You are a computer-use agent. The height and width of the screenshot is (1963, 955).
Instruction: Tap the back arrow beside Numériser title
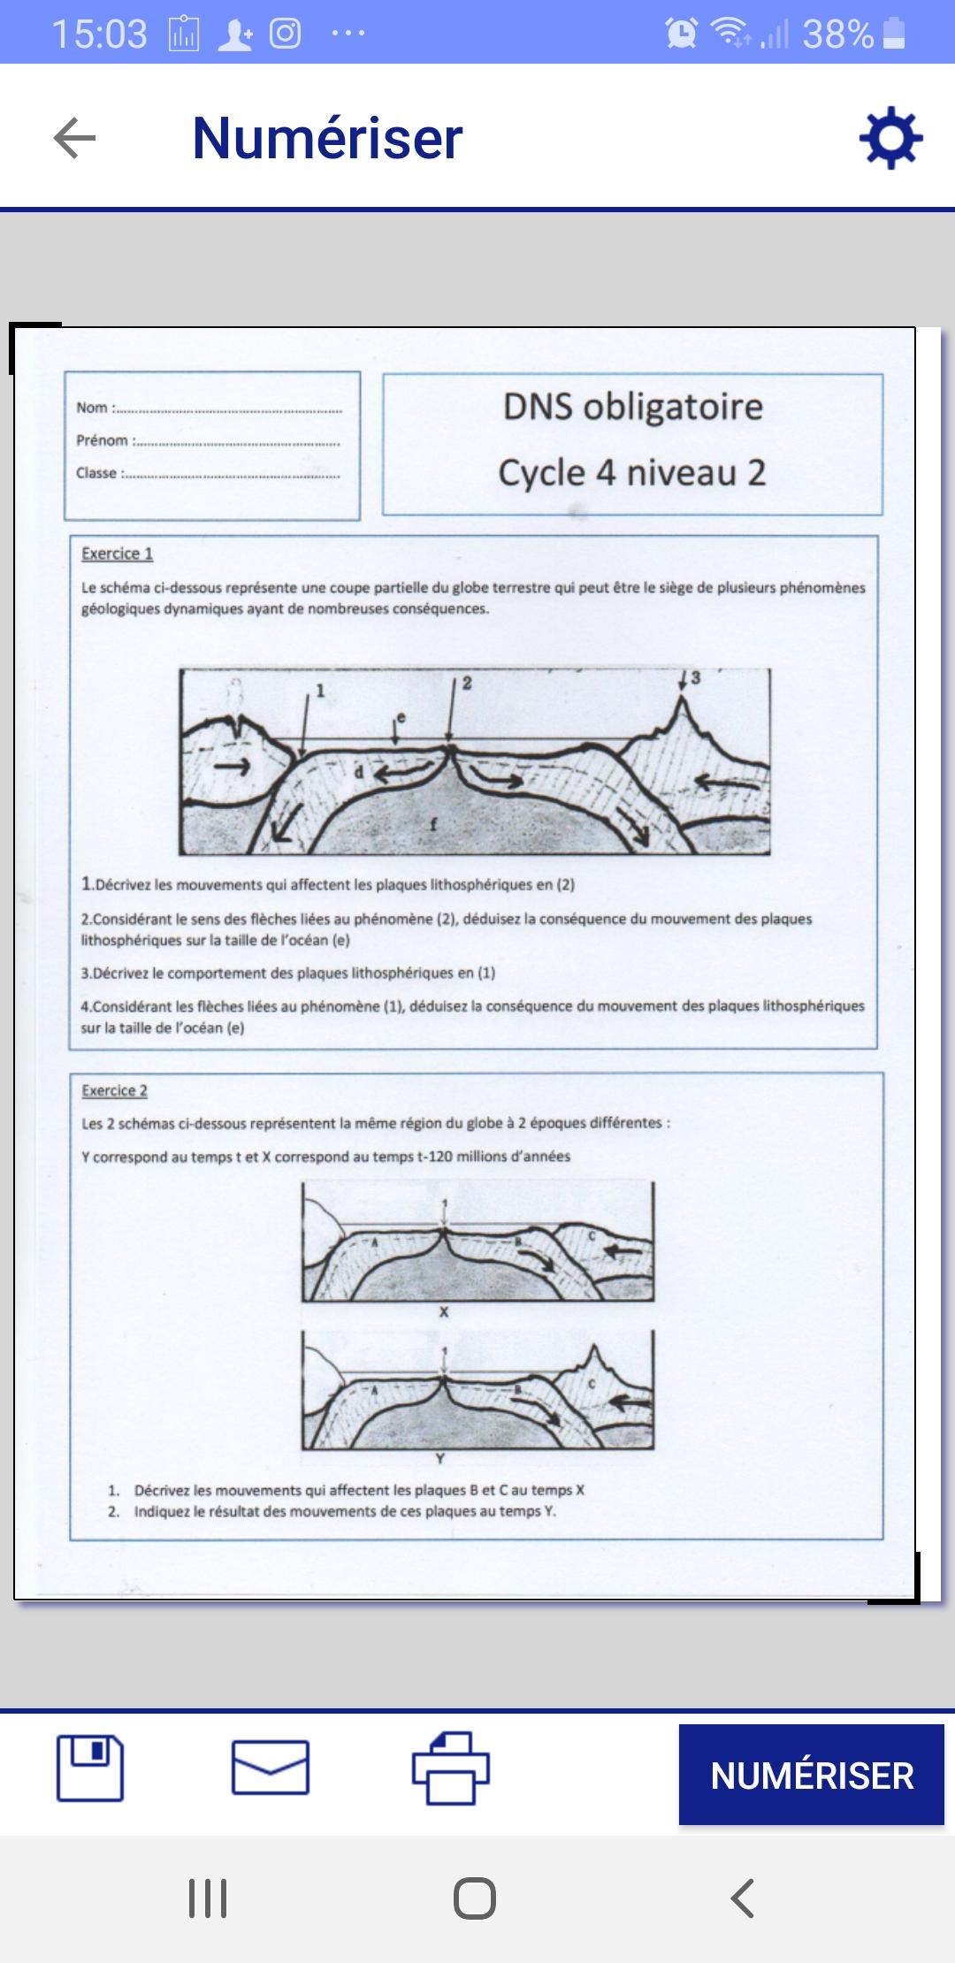[x=74, y=138]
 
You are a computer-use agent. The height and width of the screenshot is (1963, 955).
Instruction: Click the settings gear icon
[x=890, y=138]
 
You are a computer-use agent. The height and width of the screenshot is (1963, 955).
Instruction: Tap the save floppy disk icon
[x=90, y=1768]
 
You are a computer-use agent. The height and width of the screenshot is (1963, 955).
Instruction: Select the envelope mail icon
[x=271, y=1768]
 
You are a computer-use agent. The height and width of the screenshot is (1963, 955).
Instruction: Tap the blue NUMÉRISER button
[x=812, y=1776]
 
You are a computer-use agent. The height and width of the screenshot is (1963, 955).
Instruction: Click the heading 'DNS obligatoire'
[x=632, y=407]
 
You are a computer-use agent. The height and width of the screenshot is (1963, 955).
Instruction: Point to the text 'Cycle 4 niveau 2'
[x=632, y=473]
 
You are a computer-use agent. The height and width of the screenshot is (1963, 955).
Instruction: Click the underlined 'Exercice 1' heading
[x=117, y=554]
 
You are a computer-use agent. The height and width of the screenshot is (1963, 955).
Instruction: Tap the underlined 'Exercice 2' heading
[x=114, y=1091]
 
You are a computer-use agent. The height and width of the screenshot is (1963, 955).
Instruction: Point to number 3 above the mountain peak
[x=695, y=678]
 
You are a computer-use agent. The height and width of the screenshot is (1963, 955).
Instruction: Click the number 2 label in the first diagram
[x=467, y=684]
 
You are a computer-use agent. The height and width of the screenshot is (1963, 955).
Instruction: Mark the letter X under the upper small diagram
[x=444, y=1313]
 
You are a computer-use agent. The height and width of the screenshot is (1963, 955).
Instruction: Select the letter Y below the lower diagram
[x=440, y=1459]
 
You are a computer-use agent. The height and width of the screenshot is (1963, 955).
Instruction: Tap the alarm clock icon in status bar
[x=681, y=34]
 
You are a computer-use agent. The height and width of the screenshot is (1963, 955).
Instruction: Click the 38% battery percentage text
[x=837, y=34]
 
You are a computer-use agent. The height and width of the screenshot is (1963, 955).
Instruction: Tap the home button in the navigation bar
[x=475, y=1898]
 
